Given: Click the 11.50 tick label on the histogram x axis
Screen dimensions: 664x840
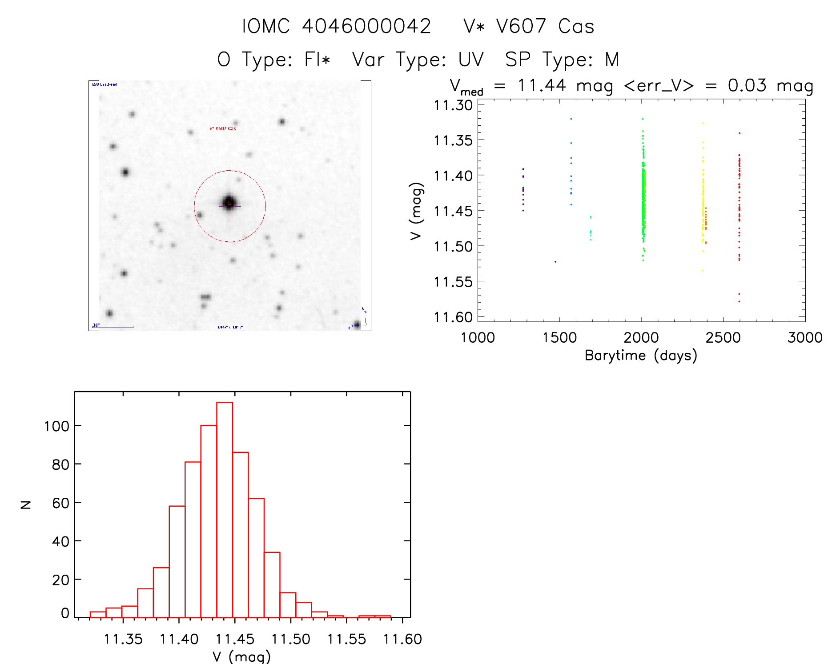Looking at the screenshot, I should [x=291, y=639].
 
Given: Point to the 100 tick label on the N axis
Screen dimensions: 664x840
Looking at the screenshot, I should [x=56, y=426].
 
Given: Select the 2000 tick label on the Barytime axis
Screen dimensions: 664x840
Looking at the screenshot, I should [x=641, y=338].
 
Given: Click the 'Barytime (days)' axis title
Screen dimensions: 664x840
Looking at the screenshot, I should [x=641, y=356].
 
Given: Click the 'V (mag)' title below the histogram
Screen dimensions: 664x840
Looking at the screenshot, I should [x=241, y=656].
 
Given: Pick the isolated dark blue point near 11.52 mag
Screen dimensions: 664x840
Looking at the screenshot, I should [x=555, y=262].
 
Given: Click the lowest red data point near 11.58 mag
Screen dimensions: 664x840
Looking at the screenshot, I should [x=739, y=302].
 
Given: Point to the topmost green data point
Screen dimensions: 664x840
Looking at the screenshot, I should [x=643, y=119].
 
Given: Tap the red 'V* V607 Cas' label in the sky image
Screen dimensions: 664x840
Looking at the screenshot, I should [x=223, y=129].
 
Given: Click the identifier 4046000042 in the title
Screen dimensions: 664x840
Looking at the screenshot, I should [x=366, y=26].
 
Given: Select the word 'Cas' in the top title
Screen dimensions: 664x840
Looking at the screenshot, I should [x=576, y=26].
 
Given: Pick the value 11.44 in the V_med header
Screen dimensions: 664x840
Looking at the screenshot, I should [x=542, y=85].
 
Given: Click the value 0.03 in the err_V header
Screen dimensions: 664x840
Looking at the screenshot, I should [x=747, y=85].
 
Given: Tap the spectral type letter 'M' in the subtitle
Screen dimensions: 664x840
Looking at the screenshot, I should [x=612, y=59].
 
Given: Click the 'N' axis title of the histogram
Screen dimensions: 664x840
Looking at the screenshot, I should [x=26, y=504].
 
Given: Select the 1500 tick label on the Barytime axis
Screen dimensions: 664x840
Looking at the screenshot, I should [x=559, y=338].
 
